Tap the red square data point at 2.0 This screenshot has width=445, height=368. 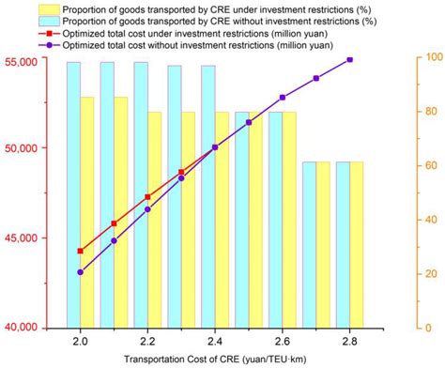click(x=81, y=251)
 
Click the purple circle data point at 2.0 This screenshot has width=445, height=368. click(x=81, y=272)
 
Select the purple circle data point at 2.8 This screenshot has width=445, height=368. click(x=350, y=59)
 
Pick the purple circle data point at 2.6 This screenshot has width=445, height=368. click(x=283, y=97)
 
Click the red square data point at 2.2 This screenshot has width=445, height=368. click(x=147, y=197)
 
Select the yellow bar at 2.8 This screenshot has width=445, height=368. click(x=357, y=244)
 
